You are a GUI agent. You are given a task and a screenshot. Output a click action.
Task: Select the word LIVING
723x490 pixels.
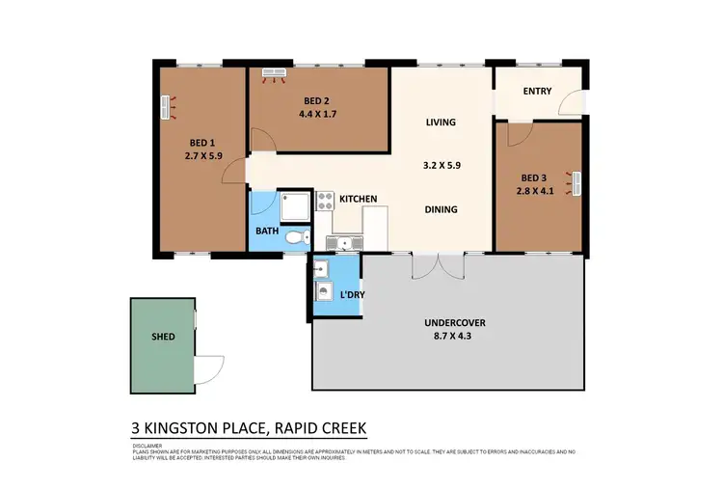(x=441, y=122)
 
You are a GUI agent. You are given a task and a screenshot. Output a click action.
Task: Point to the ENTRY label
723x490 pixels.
(x=537, y=92)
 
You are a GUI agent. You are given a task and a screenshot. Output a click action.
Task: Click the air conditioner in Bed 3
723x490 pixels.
(x=576, y=180)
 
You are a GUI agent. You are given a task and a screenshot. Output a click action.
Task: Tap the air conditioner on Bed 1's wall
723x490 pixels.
(x=166, y=107)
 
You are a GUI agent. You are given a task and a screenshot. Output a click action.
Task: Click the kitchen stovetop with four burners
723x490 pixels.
(x=323, y=202)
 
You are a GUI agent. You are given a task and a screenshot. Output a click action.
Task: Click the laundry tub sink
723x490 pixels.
(x=323, y=267)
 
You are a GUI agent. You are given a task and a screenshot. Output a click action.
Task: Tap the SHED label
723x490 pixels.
(x=163, y=339)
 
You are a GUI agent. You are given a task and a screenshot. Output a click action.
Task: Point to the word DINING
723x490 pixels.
(x=441, y=209)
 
